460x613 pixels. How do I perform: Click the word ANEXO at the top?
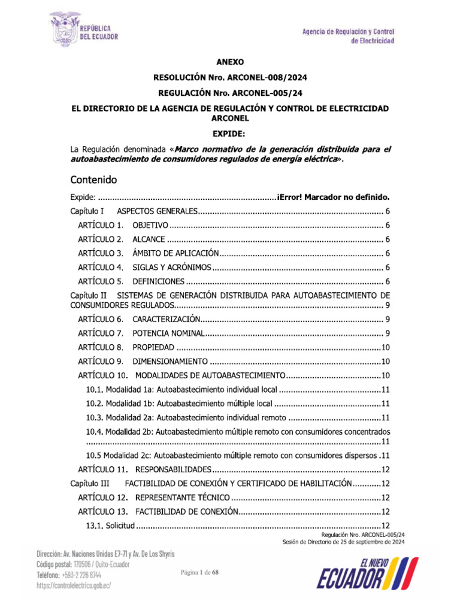[x=230, y=62]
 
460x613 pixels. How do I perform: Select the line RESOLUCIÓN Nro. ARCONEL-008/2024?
[x=230, y=77]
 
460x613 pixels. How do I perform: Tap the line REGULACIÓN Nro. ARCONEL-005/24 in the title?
[x=230, y=93]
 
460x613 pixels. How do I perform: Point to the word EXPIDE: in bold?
[x=230, y=133]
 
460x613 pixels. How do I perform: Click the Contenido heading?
[x=93, y=179]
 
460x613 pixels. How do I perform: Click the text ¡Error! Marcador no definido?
[x=334, y=197]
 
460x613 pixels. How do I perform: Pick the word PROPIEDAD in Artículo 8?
[x=153, y=347]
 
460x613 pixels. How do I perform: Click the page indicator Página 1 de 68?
[x=201, y=573]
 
